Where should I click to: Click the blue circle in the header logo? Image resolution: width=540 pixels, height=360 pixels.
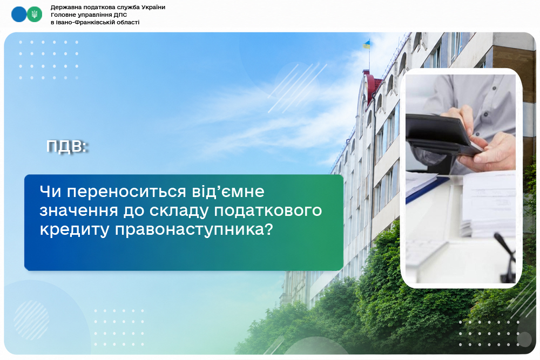point(19,15)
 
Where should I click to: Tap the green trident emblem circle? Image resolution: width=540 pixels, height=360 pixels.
point(35,15)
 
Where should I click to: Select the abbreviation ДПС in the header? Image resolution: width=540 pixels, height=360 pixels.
point(120,15)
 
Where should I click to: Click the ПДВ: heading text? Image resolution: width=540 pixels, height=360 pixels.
point(67,146)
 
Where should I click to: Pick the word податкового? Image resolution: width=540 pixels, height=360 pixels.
point(268,210)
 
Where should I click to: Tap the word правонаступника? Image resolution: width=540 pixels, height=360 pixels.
point(193,229)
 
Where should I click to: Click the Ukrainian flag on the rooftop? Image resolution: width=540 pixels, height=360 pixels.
point(367,44)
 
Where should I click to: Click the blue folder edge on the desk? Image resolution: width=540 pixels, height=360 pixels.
point(427,188)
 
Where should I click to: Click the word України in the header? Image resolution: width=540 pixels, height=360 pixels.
point(153,7)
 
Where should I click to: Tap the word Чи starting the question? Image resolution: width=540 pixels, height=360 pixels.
point(50,192)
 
